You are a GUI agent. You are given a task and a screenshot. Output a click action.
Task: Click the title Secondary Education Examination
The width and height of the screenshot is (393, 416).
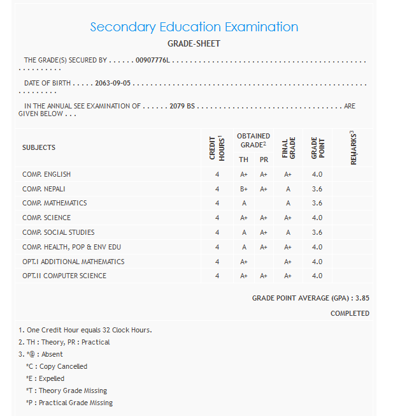point(194,27)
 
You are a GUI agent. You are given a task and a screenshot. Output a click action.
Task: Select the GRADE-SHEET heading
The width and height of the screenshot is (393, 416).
point(194,44)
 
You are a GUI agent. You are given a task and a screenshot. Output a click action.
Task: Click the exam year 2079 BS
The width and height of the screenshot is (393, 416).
point(182,106)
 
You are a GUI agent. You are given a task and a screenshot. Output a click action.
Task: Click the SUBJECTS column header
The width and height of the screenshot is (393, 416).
point(39,147)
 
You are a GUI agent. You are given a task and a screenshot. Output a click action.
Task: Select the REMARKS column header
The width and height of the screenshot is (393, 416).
point(353,148)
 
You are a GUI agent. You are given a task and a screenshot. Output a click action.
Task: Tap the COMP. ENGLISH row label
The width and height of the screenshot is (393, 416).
point(46,174)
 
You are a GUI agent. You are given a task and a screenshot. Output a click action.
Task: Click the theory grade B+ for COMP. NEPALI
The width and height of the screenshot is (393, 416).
point(244,189)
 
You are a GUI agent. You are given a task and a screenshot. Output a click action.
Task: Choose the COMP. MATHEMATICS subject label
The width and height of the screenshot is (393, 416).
point(54,203)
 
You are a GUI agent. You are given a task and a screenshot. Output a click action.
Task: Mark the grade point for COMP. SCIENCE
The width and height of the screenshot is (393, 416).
point(317,218)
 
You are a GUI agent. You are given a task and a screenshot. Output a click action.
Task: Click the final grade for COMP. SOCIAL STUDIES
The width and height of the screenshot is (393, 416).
point(288,232)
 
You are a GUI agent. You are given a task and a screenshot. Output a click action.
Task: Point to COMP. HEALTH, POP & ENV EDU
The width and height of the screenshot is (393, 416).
point(71,247)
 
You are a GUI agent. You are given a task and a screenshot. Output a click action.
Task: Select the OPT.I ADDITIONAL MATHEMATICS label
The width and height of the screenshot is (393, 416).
point(73,262)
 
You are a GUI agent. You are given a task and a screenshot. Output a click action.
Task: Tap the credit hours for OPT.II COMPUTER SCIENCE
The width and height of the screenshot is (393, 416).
point(217,276)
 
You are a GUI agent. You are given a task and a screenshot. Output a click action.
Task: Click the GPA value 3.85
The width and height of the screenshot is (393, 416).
point(362,298)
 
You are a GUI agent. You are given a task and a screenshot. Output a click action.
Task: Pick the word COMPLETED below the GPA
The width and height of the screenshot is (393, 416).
point(350,313)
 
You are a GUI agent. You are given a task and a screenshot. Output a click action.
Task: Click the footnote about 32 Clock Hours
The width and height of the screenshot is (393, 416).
point(85,330)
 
